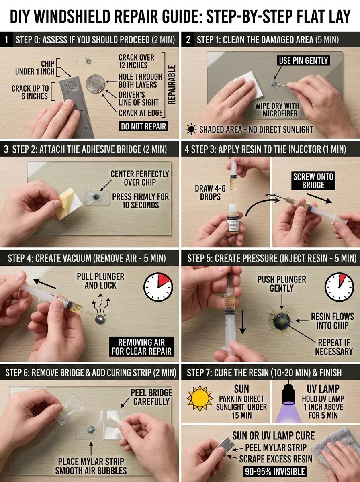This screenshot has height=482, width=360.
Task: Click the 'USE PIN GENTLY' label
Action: (303, 61)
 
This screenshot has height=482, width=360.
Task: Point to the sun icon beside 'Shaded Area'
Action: (190, 129)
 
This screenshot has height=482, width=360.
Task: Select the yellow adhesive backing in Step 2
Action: (65, 204)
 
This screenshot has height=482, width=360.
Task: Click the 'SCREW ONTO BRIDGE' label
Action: (313, 181)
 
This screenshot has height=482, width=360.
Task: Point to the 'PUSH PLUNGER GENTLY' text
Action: (282, 284)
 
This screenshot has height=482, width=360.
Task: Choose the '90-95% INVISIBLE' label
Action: (273, 472)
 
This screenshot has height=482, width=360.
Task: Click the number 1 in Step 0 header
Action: (6, 40)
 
